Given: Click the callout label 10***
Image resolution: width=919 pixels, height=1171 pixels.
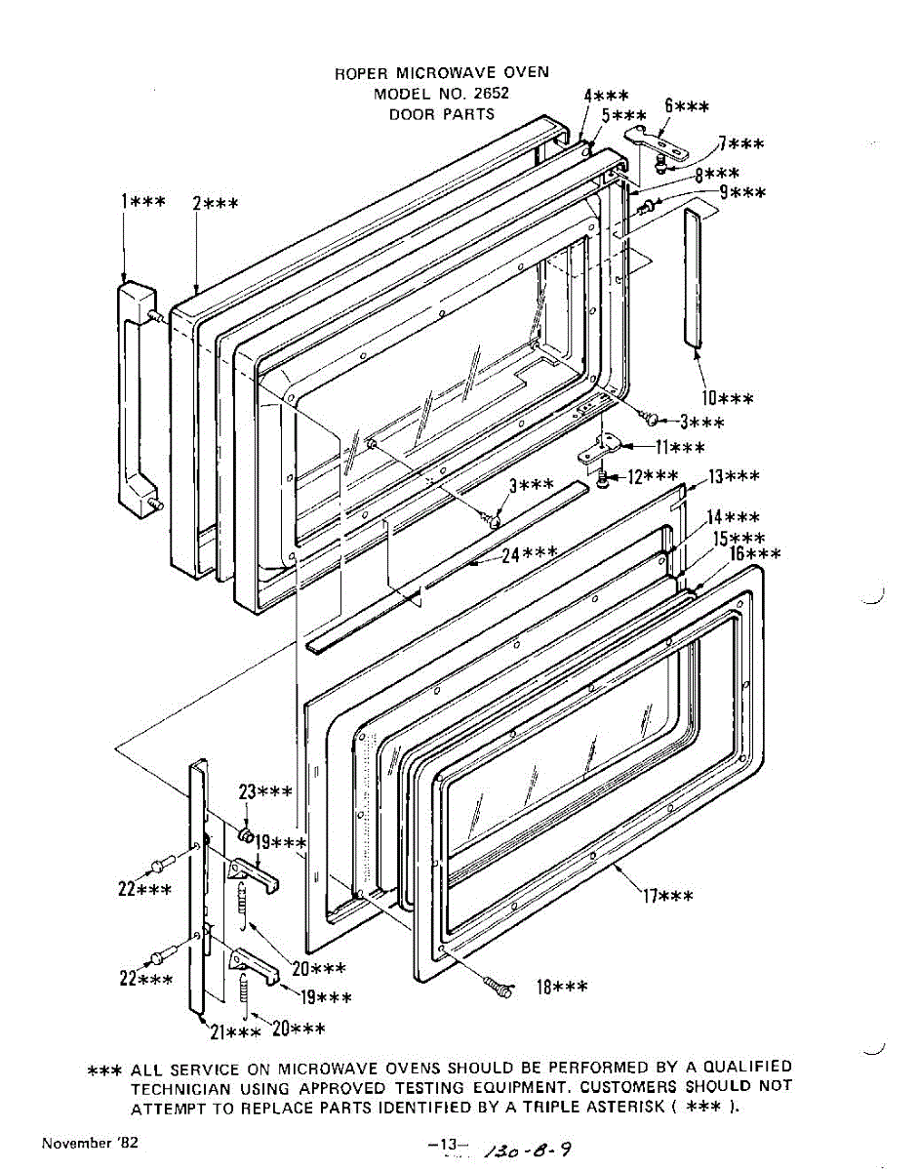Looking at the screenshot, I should (727, 398).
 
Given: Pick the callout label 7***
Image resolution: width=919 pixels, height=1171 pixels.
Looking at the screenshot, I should (740, 143).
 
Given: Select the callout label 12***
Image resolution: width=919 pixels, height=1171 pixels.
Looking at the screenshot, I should (651, 476).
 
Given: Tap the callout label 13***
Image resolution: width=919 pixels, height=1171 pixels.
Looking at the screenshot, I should (734, 476).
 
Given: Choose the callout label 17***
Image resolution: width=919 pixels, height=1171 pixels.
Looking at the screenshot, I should (667, 895).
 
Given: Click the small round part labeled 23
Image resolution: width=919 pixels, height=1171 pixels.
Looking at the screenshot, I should (247, 834).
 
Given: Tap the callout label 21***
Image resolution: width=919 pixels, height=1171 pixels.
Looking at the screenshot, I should (234, 1031).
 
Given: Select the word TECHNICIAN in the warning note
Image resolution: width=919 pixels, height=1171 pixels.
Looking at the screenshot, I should (180, 1086).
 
